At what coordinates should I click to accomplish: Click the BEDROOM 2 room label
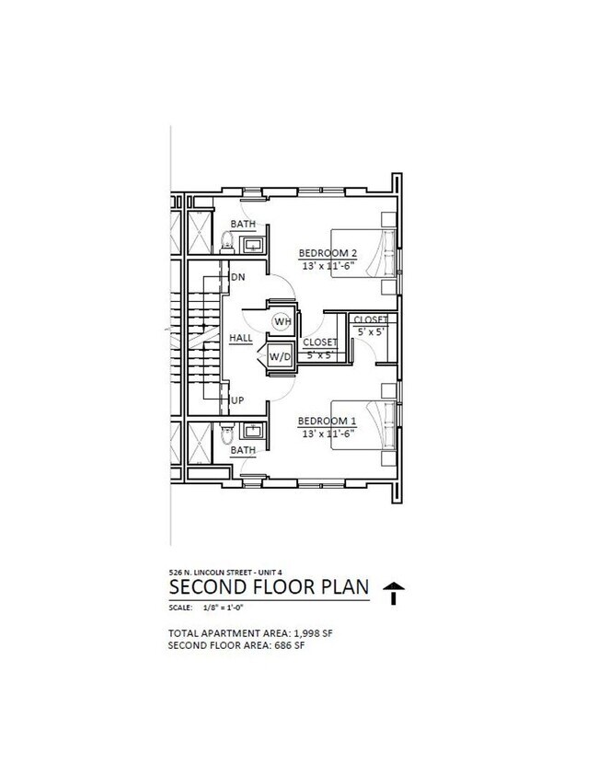coord(328,253)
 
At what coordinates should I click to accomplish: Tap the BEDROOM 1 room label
coord(327,422)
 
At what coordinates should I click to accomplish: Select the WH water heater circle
coord(282,321)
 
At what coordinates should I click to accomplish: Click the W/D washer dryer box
coord(280,356)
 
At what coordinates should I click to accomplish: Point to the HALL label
coord(241,339)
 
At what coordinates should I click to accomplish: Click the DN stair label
coord(238,277)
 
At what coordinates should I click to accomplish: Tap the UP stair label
coord(237,400)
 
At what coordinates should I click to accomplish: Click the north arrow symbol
coord(394,593)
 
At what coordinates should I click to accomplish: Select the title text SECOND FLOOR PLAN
coord(269,587)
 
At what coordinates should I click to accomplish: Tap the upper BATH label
coord(244,225)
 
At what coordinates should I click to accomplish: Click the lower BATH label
coord(244,450)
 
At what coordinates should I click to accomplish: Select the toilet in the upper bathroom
coord(227,240)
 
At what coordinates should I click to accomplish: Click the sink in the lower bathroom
coord(252,431)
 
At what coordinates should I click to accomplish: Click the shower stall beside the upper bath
coord(201,232)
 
